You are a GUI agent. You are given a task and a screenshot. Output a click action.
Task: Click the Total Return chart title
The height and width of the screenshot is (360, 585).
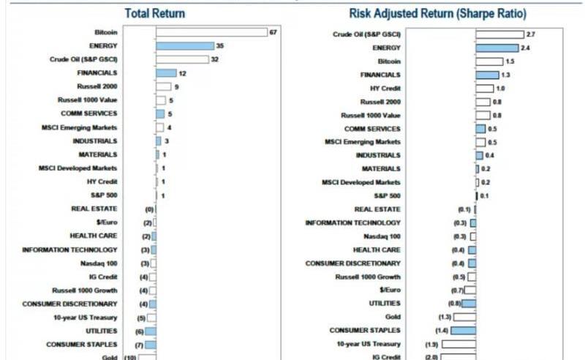(x=154, y=13)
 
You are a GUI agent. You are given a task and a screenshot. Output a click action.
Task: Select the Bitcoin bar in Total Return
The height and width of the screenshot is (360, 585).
(x=211, y=32)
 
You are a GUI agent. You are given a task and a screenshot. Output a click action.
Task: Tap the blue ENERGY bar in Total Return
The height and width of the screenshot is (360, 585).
(x=184, y=45)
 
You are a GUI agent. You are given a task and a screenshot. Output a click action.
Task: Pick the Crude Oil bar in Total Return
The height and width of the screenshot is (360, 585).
(x=181, y=59)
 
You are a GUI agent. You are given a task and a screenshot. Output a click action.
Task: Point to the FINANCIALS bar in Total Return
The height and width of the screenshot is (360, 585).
(x=166, y=73)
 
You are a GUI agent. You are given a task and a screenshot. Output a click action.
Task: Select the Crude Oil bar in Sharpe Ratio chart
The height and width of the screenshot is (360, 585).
(x=499, y=34)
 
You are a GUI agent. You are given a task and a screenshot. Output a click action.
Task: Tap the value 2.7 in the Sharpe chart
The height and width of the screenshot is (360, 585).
(x=530, y=34)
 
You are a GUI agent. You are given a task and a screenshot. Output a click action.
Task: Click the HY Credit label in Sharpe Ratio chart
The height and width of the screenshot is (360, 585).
(x=385, y=88)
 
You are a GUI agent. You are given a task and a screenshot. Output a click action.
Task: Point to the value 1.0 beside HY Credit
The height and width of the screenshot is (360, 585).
(x=500, y=88)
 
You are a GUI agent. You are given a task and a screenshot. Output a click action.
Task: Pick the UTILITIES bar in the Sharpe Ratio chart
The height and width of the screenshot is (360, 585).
(x=469, y=304)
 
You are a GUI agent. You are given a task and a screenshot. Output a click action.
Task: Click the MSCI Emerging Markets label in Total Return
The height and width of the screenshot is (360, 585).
(x=80, y=127)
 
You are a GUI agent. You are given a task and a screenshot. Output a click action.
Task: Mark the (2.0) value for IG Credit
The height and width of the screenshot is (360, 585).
(x=432, y=357)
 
